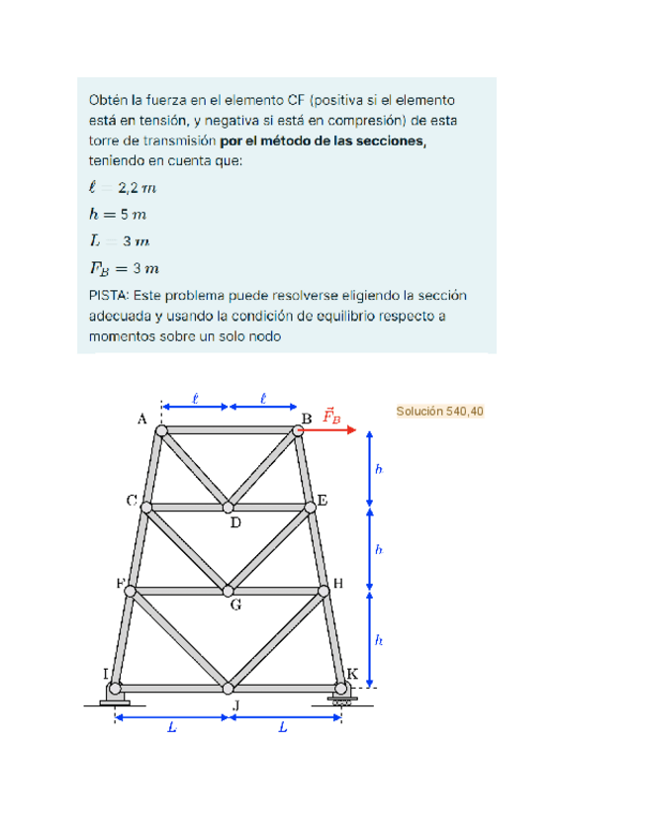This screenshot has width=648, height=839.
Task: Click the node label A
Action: pyautogui.click(x=142, y=419)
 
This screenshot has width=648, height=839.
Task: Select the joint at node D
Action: pyautogui.click(x=229, y=508)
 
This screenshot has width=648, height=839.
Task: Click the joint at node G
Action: pyautogui.click(x=229, y=590)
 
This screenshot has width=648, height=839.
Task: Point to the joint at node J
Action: pyautogui.click(x=229, y=688)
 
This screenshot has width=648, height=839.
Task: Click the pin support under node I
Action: pyautogui.click(x=115, y=700)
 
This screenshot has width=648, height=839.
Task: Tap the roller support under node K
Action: pyautogui.click(x=342, y=700)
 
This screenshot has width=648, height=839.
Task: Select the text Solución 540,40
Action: pyautogui.click(x=439, y=411)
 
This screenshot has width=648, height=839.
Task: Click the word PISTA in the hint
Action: pyautogui.click(x=109, y=295)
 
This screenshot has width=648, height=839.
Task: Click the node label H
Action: pyautogui.click(x=338, y=583)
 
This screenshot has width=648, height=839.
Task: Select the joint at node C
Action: pyautogui.click(x=146, y=508)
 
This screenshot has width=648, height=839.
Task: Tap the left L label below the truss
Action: pyautogui.click(x=171, y=728)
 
